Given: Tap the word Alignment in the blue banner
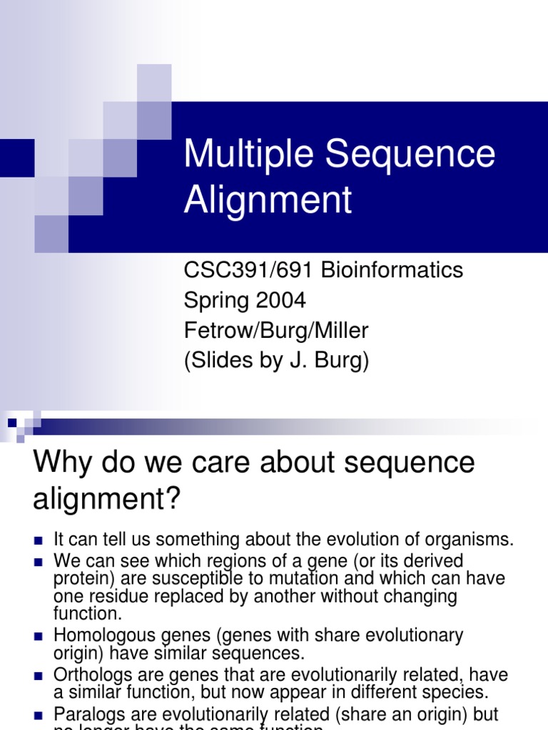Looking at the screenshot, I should coord(268,200).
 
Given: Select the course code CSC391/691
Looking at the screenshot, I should coord(250,270).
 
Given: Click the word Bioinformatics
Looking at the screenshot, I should coord(392,270).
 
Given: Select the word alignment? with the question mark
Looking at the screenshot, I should coord(108,499).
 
